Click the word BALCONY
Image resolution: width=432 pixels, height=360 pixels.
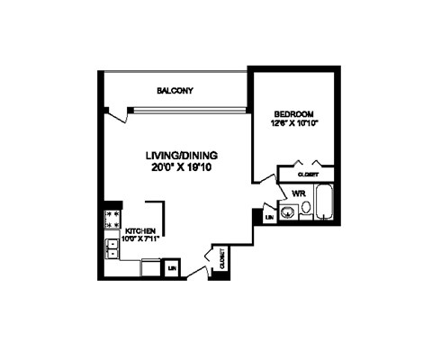pyautogui.click(x=175, y=91)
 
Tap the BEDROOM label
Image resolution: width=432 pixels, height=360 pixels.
pyautogui.click(x=293, y=113)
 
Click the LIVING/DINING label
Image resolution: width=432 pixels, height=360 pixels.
pyautogui.click(x=183, y=155)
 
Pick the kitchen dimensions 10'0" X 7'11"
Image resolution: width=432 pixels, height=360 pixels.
pyautogui.click(x=145, y=238)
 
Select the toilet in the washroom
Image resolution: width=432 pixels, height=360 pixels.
pyautogui.click(x=306, y=209)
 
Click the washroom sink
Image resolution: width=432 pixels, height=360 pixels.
pyautogui.click(x=288, y=213)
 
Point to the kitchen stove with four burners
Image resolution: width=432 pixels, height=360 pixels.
pyautogui.click(x=114, y=217)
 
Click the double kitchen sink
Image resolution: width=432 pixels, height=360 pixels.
pyautogui.click(x=113, y=246)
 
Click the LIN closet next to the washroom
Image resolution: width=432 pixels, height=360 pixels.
pyautogui.click(x=269, y=217)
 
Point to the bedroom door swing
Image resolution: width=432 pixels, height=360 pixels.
pyautogui.click(x=266, y=185)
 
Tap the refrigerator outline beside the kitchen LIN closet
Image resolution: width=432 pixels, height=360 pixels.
pyautogui.click(x=151, y=267)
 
